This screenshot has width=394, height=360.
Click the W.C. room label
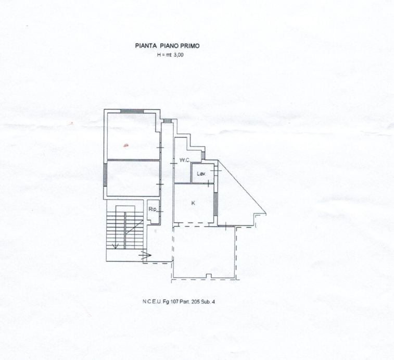(184, 160)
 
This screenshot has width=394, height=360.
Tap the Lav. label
(201, 173)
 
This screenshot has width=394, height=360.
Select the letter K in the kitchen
(193, 203)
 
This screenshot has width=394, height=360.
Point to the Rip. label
(153, 209)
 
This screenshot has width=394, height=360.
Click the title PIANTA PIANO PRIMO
(167, 46)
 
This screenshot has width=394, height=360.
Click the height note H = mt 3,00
(167, 55)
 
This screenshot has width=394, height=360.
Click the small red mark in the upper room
(125, 145)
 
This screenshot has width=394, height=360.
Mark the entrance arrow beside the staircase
(145, 255)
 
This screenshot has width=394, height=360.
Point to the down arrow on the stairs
(116, 245)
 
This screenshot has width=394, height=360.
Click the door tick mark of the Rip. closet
(161, 212)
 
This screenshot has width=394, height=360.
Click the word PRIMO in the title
(189, 46)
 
